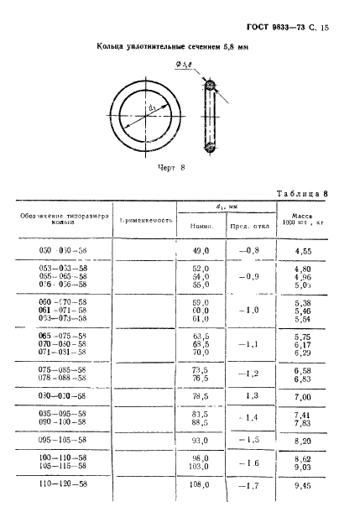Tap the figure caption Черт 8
pyautogui.click(x=171, y=168)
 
